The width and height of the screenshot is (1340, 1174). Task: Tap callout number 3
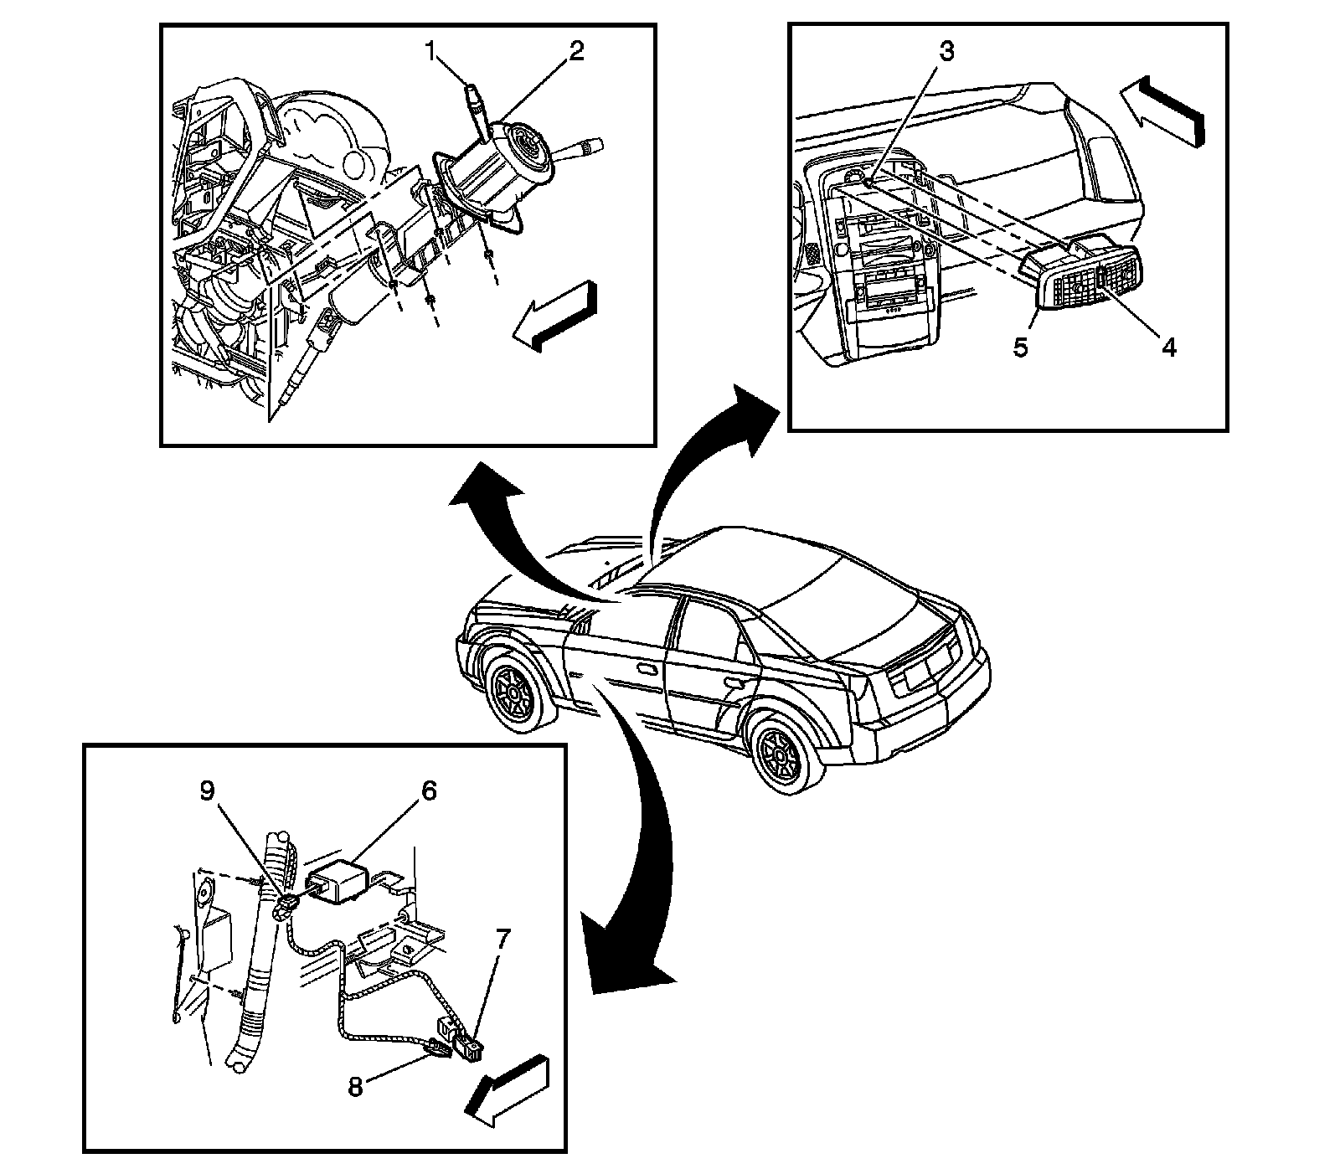(945, 52)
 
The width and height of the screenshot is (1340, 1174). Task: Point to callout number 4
(1167, 346)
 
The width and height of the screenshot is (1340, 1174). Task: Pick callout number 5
(1019, 346)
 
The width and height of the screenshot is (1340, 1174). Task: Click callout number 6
(429, 791)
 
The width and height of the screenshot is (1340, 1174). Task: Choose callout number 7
(501, 940)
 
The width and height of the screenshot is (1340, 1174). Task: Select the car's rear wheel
(781, 748)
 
